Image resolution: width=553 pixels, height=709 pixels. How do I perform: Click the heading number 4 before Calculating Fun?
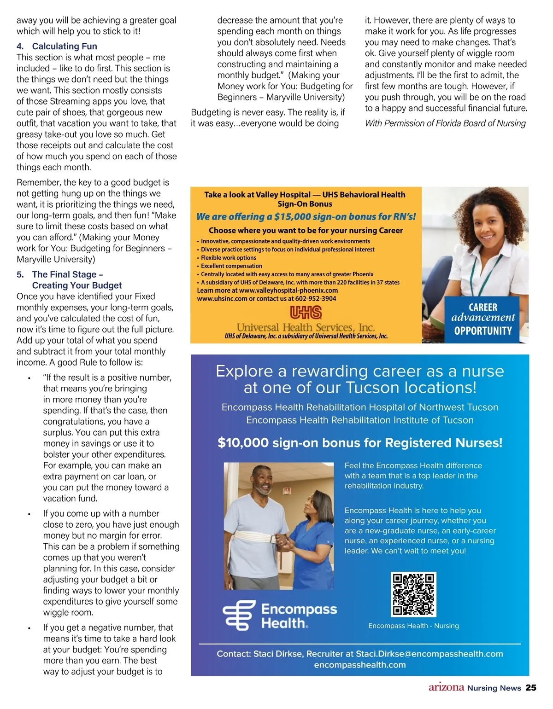[20, 46]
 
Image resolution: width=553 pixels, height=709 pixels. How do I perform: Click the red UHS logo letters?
[306, 313]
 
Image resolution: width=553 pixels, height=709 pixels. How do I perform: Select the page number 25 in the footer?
[531, 688]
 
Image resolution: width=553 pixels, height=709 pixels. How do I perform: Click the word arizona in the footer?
[446, 687]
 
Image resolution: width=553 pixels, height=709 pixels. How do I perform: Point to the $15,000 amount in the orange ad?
[293, 217]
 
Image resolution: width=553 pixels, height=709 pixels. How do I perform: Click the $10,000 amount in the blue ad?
[243, 443]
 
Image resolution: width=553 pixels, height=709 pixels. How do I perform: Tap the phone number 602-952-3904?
[316, 299]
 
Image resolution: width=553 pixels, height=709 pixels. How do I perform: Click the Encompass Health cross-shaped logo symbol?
[239, 616]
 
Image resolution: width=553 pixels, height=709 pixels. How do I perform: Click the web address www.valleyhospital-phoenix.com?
[288, 291]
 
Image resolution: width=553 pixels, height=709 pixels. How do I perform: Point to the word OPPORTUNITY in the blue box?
[483, 331]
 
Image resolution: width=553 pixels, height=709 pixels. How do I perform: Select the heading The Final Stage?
[67, 274]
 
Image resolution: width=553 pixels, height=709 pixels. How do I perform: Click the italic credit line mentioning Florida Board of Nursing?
[445, 123]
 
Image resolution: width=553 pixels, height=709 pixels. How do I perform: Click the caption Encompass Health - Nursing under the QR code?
[413, 626]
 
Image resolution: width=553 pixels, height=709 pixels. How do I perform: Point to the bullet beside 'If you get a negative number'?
[29, 628]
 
